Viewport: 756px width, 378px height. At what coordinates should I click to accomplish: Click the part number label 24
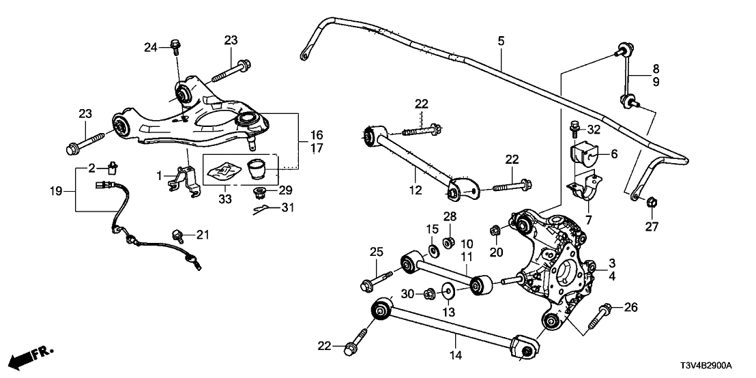coord(150,47)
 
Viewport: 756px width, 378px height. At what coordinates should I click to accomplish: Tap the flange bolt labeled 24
coord(174,46)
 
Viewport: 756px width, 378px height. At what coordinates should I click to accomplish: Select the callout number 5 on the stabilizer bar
coord(501,42)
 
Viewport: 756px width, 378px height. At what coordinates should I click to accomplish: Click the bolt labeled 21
coord(179,235)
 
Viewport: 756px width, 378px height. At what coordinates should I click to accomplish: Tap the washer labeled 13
coord(448,292)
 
